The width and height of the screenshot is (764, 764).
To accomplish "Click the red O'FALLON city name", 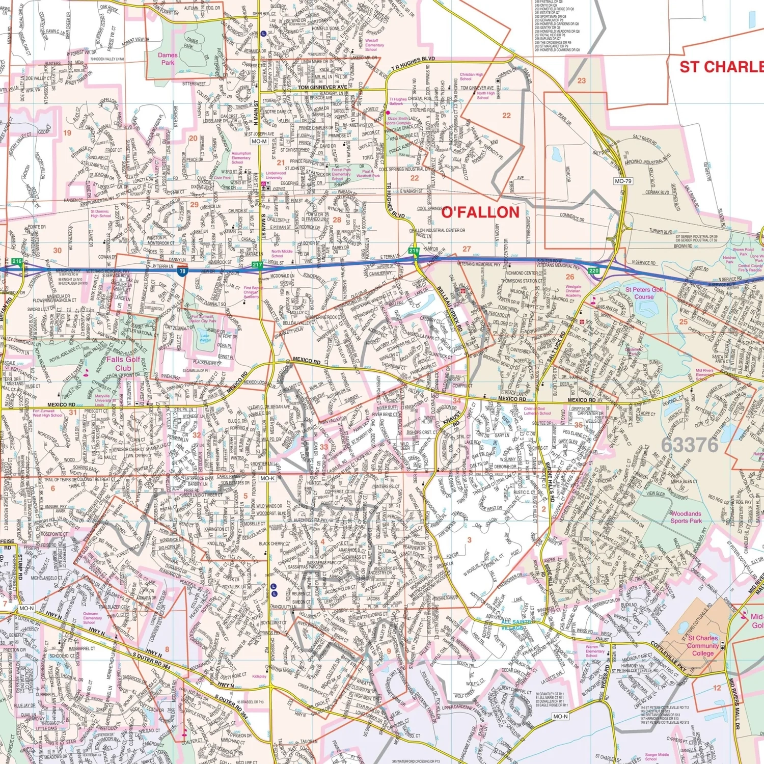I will click(x=480, y=212).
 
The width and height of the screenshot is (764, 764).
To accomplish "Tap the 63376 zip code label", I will click(x=689, y=445).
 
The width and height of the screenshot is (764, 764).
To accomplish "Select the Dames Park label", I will click(x=168, y=59).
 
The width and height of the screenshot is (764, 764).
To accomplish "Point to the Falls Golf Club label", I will click(x=123, y=363).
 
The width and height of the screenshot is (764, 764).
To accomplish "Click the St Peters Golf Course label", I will click(x=644, y=293).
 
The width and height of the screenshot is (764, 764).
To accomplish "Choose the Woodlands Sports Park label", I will click(x=686, y=517).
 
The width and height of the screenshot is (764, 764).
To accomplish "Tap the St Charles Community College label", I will click(x=703, y=645).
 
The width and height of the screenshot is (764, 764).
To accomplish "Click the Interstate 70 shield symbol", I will click(x=182, y=271).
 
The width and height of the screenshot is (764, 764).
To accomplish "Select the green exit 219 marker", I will click(x=414, y=251).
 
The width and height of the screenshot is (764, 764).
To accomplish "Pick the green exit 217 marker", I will click(x=257, y=265).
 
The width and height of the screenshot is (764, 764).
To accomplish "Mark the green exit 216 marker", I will click(x=17, y=261).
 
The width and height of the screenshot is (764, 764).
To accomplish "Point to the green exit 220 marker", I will click(x=594, y=270).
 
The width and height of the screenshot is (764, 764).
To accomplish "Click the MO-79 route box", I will click(x=622, y=181).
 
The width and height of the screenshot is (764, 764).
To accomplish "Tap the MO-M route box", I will click(x=259, y=141).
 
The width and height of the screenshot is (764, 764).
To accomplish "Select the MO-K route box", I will click(x=267, y=478).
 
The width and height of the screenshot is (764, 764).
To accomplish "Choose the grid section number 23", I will click(x=582, y=80).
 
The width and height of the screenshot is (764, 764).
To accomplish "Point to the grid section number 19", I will click(x=67, y=133).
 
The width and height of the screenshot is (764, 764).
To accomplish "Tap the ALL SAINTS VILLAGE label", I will click(x=518, y=624).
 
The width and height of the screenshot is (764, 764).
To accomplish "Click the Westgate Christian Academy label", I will click(x=573, y=291).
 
